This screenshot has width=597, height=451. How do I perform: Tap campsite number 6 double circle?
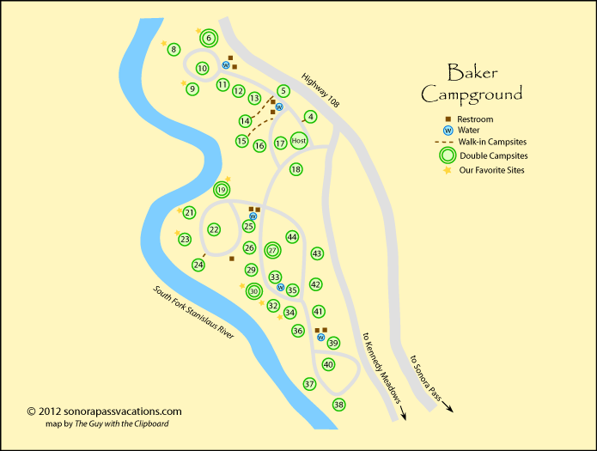tap(209, 38)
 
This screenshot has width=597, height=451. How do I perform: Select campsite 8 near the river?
tap(174, 50)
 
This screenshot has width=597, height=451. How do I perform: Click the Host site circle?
tap(299, 141)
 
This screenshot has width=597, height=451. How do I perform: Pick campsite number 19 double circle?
tap(222, 190)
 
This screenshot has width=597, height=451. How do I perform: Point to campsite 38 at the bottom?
tap(338, 405)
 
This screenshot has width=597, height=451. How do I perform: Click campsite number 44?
tap(292, 237)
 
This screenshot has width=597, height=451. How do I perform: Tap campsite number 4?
tap(311, 117)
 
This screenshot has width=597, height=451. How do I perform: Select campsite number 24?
tap(198, 265)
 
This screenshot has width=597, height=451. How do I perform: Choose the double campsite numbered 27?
tap(272, 250)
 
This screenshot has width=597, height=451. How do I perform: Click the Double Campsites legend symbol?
tap(446, 155)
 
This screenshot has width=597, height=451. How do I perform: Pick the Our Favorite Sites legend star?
tap(447, 171)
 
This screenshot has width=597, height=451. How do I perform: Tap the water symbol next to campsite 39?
tap(320, 338)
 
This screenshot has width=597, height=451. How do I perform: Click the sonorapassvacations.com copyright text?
tap(104, 411)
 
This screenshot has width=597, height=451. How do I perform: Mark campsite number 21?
tap(190, 212)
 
